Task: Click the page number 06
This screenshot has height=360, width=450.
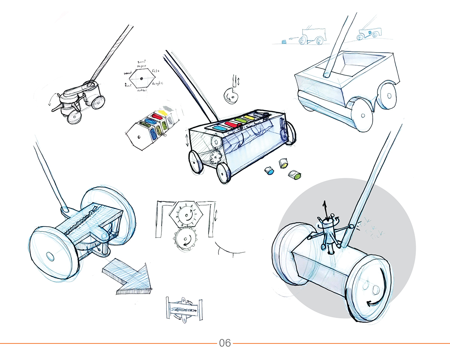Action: click(x=225, y=343)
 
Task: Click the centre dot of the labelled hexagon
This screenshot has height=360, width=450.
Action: click(x=141, y=79)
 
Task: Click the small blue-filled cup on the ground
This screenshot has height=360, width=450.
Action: click(x=269, y=171)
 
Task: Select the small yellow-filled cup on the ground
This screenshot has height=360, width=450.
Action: click(x=284, y=163)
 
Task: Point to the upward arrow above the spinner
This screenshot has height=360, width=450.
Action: click(x=325, y=208)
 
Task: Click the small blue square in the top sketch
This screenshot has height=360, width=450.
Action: click(x=284, y=40)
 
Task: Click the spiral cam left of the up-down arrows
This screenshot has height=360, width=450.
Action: click(x=230, y=96)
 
